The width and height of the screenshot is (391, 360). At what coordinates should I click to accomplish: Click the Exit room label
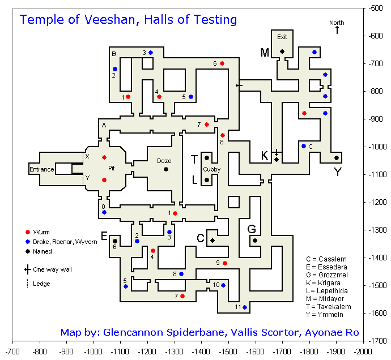point(282,37)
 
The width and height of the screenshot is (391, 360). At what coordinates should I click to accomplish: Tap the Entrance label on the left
point(41,169)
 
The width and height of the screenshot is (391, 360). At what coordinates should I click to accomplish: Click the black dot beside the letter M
point(282,52)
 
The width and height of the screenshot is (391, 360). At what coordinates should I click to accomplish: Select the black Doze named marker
point(166,169)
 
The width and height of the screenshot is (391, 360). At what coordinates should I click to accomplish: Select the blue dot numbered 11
point(245,307)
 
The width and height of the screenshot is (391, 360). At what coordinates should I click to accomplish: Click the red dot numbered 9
point(225,263)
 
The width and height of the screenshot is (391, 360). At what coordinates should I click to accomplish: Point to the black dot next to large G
point(255,241)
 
